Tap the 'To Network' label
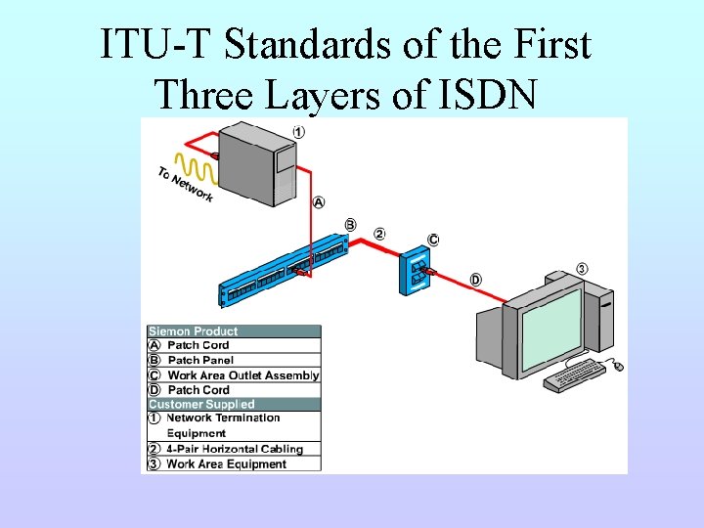[x=185, y=185]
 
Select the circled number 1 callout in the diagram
[x=298, y=132]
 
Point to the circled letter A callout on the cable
[x=320, y=202]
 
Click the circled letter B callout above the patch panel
[x=350, y=225]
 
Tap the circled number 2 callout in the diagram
[x=379, y=235]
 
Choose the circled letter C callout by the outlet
[x=433, y=240]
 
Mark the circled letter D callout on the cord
[x=475, y=280]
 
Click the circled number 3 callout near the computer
[x=582, y=269]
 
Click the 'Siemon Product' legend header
[x=194, y=331]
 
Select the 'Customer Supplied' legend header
[x=201, y=404]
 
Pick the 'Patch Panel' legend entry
[x=200, y=360]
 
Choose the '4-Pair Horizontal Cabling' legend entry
[x=235, y=450]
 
